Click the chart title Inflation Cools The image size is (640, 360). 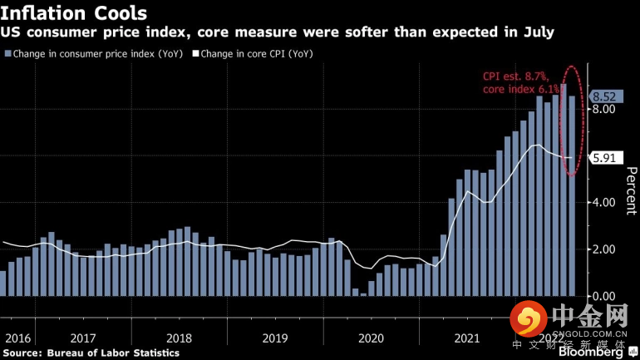pos(75,13)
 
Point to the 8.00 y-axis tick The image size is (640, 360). pos(604,110)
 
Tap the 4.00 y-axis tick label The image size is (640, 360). pos(604,203)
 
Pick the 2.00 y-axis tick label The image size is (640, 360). pos(604,249)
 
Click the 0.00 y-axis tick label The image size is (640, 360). pos(604,296)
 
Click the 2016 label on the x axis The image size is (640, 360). pos(17,338)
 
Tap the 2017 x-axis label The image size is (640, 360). pos(82,338)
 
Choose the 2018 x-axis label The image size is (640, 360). pos(179,338)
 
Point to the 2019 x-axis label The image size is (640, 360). pos(275,338)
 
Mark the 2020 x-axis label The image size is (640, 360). pos(371,338)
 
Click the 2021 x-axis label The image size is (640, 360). pos(467,338)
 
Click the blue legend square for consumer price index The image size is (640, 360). pos(8,54)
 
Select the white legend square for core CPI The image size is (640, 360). pos(196,54)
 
